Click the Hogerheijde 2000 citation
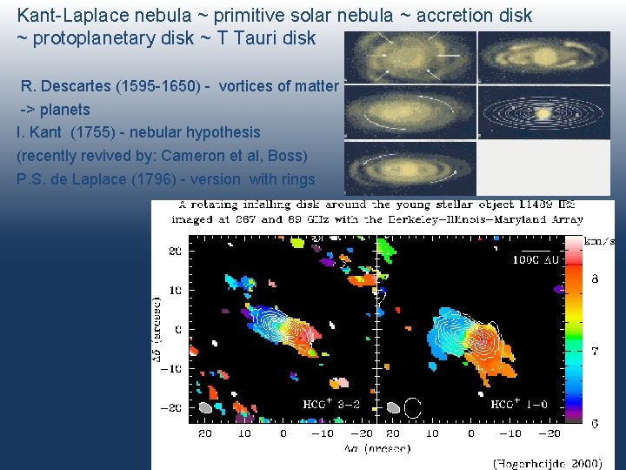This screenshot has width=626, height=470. [x=553, y=463]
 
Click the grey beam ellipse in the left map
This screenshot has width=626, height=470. [x=205, y=407]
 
